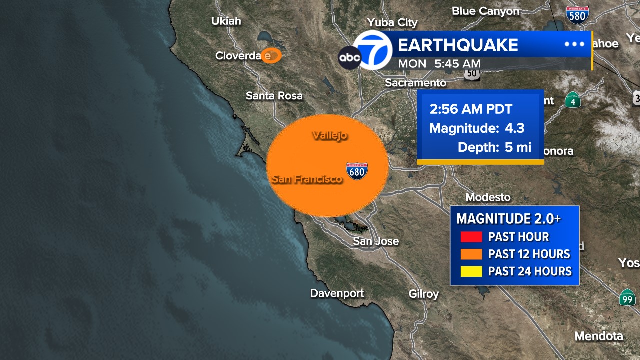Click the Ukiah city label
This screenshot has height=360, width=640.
click(226, 21)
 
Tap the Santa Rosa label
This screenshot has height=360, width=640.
click(274, 96)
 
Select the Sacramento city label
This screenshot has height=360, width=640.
click(415, 83)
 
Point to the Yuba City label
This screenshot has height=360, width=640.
click(392, 23)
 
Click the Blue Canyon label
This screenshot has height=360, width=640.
click(485, 11)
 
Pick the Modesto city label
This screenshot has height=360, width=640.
click(488, 197)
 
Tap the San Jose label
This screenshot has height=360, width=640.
click(376, 241)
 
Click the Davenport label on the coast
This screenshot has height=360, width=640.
click(337, 293)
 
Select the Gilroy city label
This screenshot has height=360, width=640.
click(424, 294)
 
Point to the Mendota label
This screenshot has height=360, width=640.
click(599, 336)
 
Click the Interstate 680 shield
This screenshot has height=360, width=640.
click(357, 171)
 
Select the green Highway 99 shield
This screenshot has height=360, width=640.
click(627, 298)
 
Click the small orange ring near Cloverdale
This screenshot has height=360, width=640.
click(272, 56)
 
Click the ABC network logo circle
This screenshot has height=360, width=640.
click(350, 58)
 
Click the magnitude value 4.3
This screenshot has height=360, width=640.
click(514, 128)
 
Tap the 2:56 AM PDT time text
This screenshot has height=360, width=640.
click(463, 109)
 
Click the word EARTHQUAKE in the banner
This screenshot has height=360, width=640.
click(457, 45)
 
